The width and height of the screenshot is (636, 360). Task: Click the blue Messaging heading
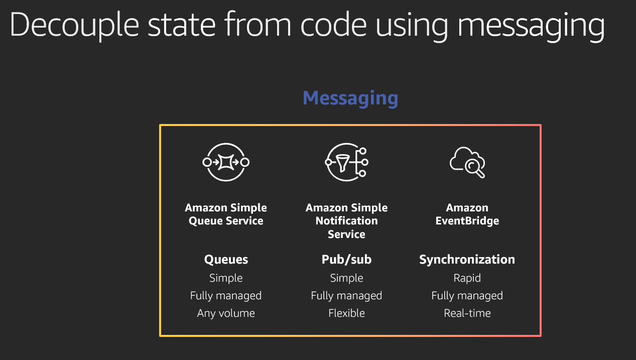tap(350, 98)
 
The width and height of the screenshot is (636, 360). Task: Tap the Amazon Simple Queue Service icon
tap(226, 162)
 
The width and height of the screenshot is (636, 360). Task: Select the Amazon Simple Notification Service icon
tap(346, 162)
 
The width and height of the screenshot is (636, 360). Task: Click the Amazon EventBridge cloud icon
tap(467, 162)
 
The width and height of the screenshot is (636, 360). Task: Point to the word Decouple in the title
tap(74, 26)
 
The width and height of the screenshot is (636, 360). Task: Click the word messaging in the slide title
tap(531, 26)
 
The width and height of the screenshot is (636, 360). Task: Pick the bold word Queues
tap(226, 260)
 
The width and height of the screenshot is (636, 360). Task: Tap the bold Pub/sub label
tap(346, 260)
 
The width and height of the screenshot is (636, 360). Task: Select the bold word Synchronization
tap(467, 260)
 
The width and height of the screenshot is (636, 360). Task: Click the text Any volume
tap(226, 313)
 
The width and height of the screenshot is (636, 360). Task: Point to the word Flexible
tap(346, 313)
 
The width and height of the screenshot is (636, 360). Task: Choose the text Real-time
tap(467, 313)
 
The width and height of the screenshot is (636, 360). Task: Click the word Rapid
tap(467, 278)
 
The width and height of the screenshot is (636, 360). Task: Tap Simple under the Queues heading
tap(226, 278)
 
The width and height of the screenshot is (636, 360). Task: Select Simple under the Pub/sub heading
tap(346, 278)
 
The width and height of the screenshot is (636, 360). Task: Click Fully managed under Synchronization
tap(467, 296)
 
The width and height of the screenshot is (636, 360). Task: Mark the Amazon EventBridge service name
tap(467, 214)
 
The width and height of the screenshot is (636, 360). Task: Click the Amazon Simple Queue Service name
tap(226, 214)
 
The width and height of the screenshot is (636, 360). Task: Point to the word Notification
tap(346, 221)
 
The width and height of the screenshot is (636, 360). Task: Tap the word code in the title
tap(333, 25)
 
